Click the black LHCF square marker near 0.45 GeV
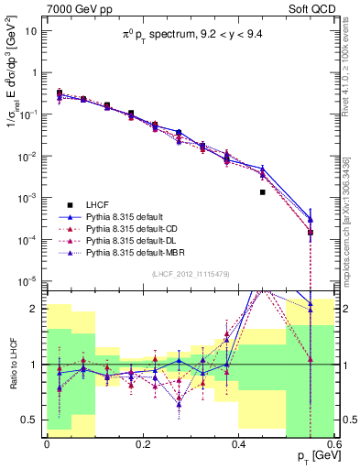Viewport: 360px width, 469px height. tap(263, 192)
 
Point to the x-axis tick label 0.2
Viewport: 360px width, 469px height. tap(142, 443)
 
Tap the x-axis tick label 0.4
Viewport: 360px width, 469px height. tap(238, 443)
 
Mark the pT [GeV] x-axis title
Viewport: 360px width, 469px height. tap(311, 456)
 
